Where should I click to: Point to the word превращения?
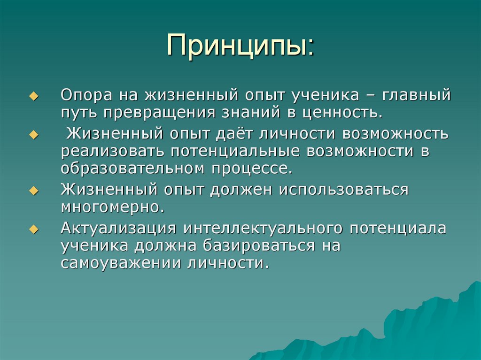point(160,113)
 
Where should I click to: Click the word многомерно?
point(113,207)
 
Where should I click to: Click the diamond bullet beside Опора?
point(33,96)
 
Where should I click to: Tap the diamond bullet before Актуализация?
point(33,229)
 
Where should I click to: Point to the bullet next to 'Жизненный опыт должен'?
point(33,190)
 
